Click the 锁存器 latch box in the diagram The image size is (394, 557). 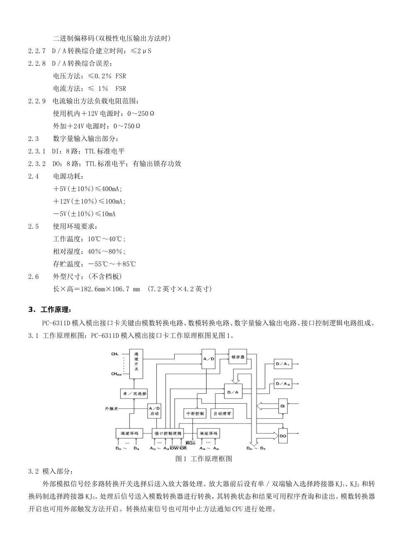click(238, 356)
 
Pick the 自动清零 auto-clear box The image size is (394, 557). click(222, 413)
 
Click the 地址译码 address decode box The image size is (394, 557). click(208, 433)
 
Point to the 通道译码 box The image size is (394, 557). click(129, 433)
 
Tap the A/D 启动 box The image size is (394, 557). click(154, 411)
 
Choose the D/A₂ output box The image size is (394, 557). click(282, 384)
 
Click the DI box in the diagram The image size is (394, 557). click(282, 406)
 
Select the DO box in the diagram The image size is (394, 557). click(282, 436)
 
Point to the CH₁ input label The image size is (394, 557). click(115, 354)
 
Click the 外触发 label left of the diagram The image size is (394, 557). click(111, 408)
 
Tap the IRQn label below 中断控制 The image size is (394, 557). click(191, 443)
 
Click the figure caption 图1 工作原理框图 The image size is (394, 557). click(204, 459)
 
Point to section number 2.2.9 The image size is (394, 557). click(37, 101)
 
